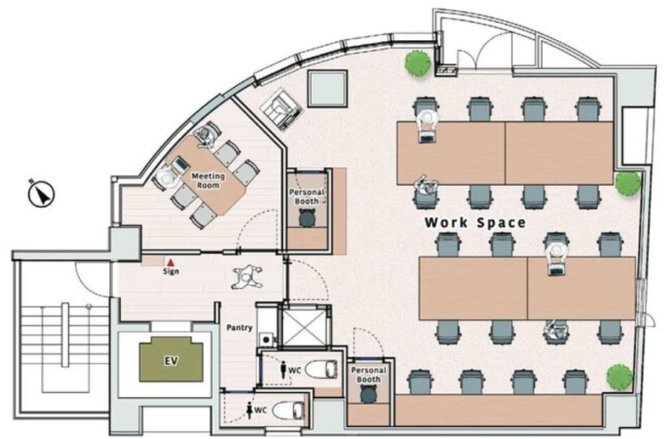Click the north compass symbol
[41, 194]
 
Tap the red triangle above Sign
[171, 263]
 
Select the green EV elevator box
[171, 360]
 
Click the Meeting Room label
[208, 180]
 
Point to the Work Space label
[475, 222]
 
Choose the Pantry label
[239, 327]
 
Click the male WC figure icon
[283, 370]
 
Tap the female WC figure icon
[249, 410]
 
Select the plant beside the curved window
[418, 63]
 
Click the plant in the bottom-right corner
[619, 376]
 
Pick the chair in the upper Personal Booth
[307, 218]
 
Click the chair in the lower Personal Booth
[369, 394]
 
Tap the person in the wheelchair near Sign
[247, 277]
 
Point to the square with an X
[303, 326]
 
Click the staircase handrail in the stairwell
[65, 334]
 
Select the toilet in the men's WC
[322, 369]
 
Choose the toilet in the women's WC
[288, 410]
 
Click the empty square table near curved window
[327, 88]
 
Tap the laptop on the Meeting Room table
[180, 164]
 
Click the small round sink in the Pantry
[267, 340]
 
